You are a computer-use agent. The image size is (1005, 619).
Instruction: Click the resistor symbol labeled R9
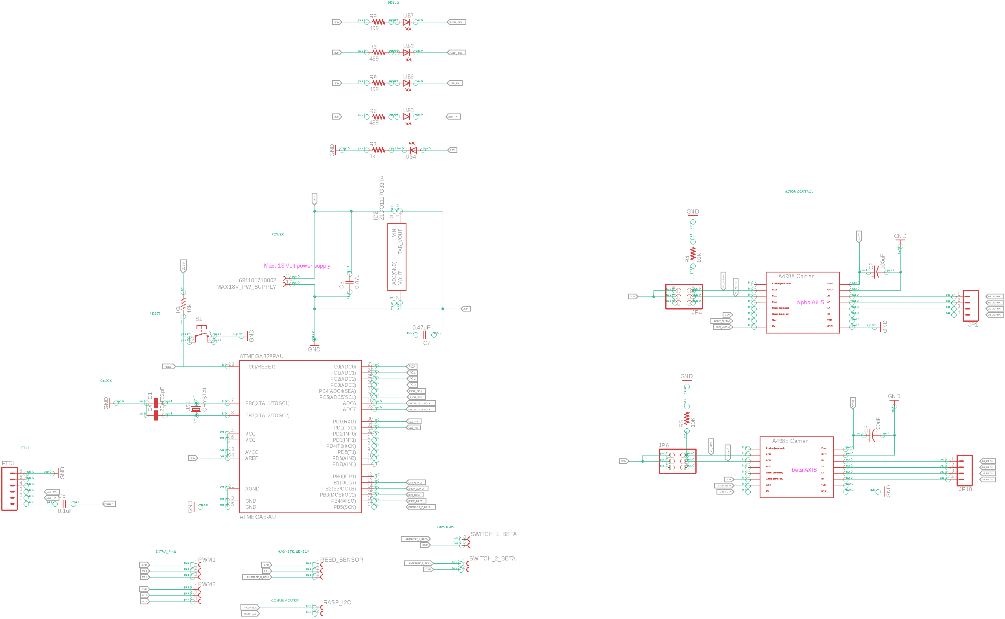click(378, 22)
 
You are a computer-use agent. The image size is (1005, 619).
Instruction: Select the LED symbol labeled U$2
click(406, 53)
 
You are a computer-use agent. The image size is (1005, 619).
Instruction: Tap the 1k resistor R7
click(378, 150)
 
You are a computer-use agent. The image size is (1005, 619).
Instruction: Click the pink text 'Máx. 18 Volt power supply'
click(297, 266)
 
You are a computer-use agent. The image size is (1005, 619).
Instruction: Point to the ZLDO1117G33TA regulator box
click(396, 257)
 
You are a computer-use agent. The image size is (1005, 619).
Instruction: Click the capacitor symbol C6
click(350, 283)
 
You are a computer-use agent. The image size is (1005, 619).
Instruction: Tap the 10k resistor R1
click(183, 304)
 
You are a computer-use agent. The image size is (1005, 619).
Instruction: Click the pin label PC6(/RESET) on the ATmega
click(260, 367)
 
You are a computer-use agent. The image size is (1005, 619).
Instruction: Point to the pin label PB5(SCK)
click(344, 507)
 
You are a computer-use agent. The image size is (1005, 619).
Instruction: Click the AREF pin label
click(251, 458)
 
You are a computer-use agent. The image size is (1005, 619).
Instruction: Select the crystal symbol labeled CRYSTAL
click(196, 409)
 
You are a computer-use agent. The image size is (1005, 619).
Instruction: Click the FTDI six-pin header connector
click(9, 489)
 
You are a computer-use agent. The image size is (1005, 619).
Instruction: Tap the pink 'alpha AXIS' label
click(810, 303)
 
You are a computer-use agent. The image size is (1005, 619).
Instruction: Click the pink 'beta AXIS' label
click(804, 470)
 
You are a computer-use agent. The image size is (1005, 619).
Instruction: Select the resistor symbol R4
click(693, 254)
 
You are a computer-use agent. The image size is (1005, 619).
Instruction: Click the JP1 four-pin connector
click(970, 306)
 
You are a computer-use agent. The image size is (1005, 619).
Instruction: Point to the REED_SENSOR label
click(341, 560)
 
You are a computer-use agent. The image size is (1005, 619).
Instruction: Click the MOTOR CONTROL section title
click(799, 192)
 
